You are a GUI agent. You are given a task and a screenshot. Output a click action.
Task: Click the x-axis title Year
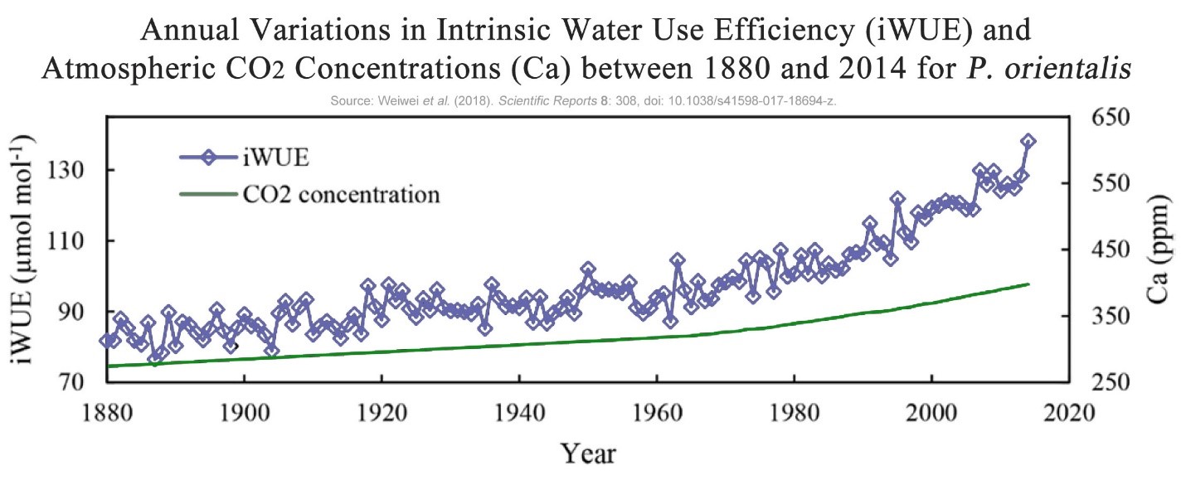click(x=588, y=453)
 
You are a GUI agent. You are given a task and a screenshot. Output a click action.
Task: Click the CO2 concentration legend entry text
click(x=341, y=196)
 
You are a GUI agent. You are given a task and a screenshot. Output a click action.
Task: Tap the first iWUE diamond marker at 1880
click(x=106, y=340)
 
